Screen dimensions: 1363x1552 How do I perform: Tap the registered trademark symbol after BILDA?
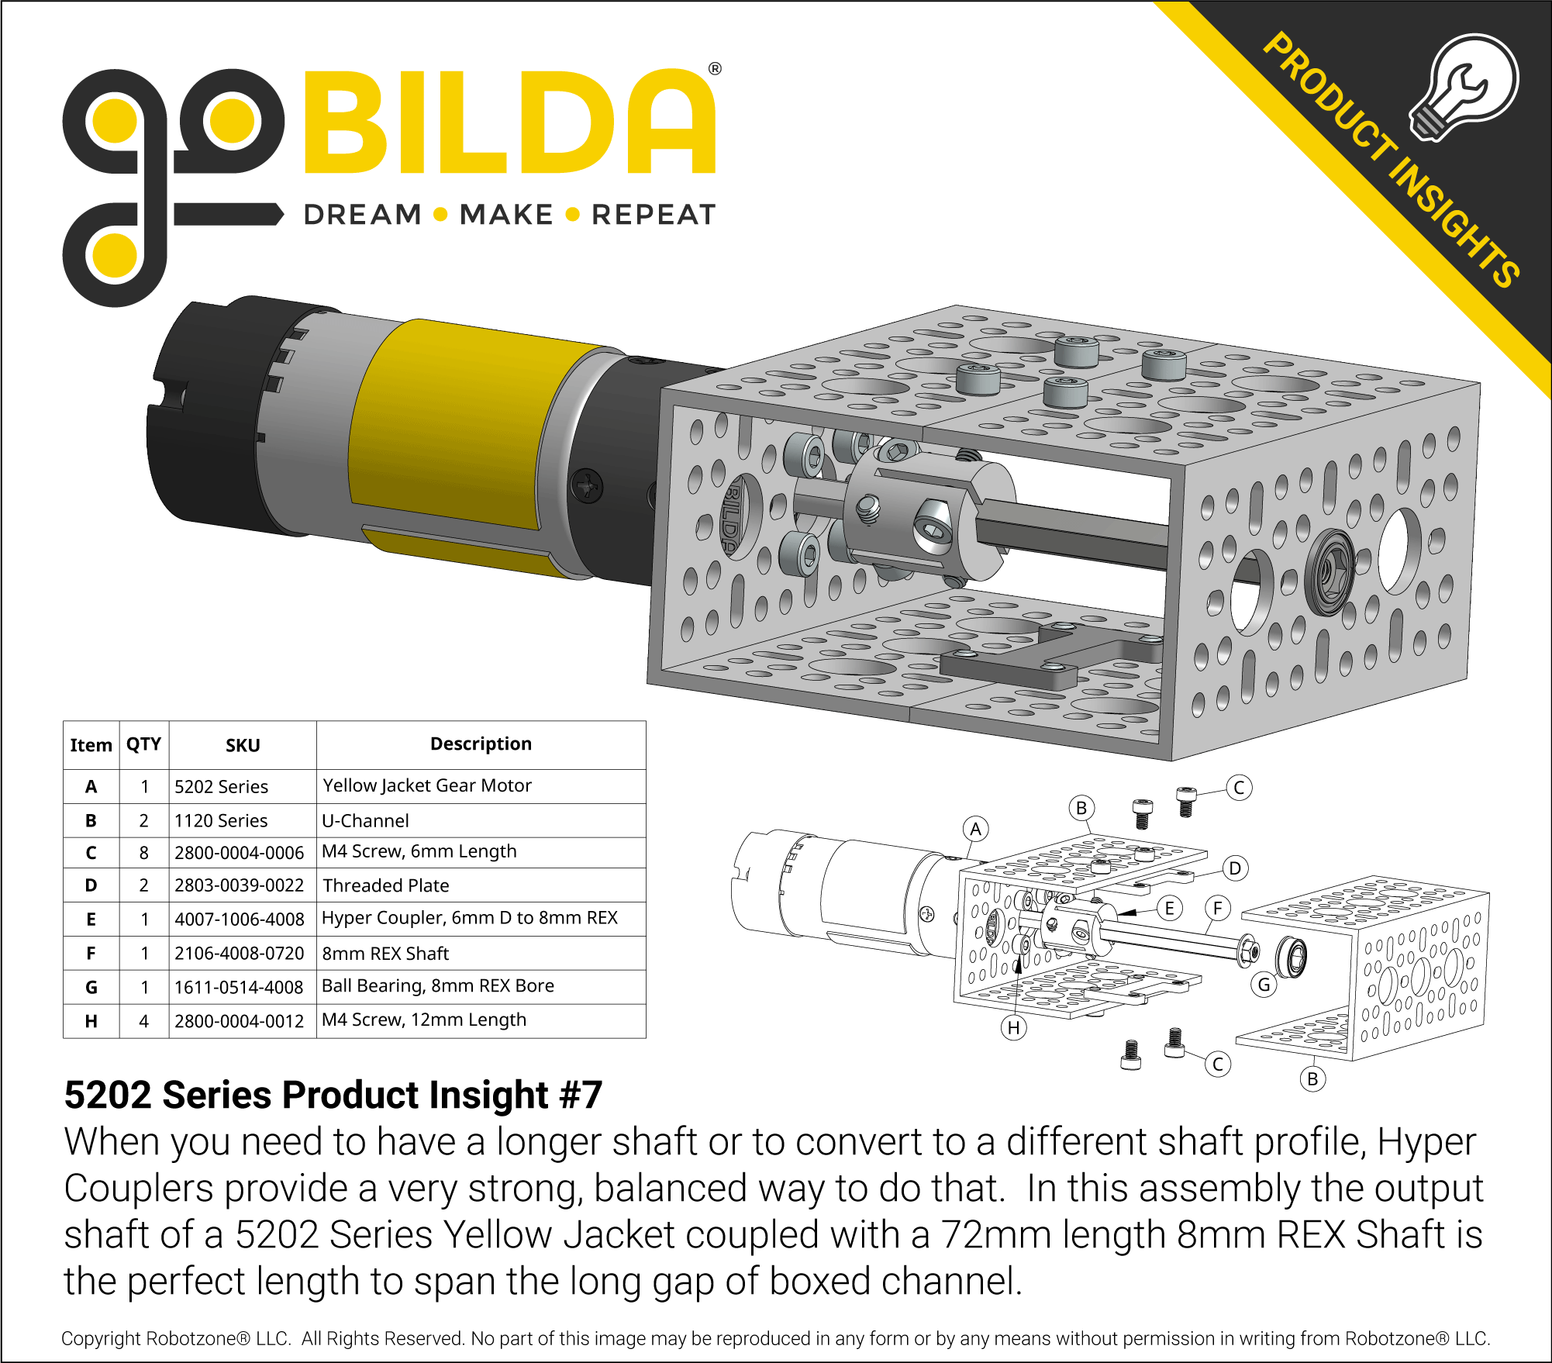pos(715,69)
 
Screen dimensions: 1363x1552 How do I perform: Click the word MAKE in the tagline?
pos(506,215)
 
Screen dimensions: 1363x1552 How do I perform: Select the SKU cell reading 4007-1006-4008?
pos(239,920)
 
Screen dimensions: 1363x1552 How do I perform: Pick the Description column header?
pos(481,744)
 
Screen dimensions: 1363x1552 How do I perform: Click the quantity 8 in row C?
pos(144,853)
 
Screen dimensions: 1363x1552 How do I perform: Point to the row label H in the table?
pos(91,1021)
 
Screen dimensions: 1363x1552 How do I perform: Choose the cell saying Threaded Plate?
pos(386,885)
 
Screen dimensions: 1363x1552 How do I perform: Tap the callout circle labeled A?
pos(976,829)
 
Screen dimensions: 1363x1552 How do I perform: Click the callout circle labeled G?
pos(1264,985)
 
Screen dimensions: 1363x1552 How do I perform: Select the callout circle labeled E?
pos(1169,908)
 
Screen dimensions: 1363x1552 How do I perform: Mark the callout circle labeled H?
pos(1014,1028)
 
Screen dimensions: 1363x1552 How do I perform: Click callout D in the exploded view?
pos(1235,868)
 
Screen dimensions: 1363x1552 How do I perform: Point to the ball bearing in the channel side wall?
pos(1329,572)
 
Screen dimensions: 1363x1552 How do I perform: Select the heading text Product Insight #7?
pos(333,1096)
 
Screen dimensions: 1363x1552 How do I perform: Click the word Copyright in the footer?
pos(102,1339)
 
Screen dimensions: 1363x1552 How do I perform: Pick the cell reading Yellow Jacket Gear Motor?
pos(427,785)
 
